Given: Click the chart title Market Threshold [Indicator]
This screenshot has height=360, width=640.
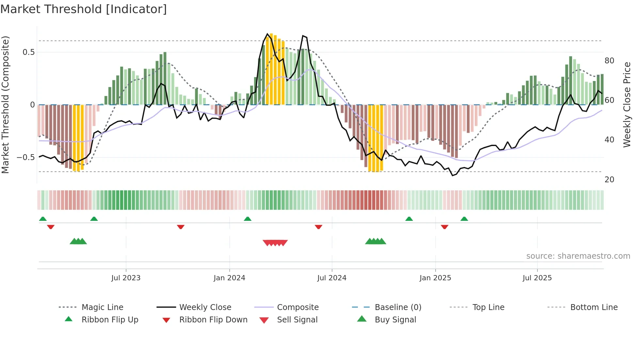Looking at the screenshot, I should tap(84, 9).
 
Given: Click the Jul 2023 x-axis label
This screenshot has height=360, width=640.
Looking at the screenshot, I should tap(126, 278).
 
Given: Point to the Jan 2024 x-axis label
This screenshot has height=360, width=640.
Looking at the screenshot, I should tap(229, 278).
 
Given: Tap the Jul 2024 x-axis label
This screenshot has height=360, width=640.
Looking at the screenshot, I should tap(332, 278).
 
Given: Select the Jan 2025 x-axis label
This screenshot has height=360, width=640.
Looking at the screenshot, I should tap(435, 278).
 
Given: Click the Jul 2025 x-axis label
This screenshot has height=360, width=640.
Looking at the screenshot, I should tap(537, 278).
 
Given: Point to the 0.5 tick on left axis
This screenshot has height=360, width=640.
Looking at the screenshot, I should tap(29, 52).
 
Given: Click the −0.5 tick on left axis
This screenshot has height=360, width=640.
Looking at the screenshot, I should tap(26, 157).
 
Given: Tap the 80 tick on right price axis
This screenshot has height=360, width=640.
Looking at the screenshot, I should tap(609, 61).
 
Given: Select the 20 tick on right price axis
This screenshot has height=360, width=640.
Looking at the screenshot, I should tap(609, 180).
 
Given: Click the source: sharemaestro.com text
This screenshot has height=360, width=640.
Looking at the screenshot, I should tap(578, 256).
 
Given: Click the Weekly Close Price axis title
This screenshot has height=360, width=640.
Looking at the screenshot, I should tap(627, 105).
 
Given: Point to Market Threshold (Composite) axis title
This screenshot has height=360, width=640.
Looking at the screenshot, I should tap(5, 105).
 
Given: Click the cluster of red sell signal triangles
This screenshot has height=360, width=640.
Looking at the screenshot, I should tap(275, 243).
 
